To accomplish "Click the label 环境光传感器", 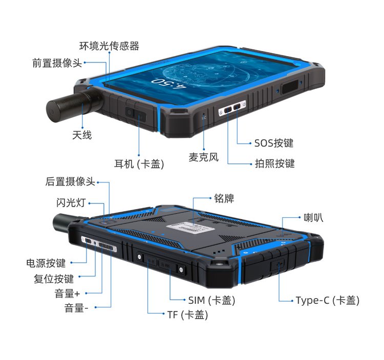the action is pos(109,46).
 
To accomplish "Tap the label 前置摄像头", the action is pos(57,63).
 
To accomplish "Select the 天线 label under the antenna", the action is pos(82,135).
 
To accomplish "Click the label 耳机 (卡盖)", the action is pos(139,164).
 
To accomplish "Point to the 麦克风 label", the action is pos(203,157).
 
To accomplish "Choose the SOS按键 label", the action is pos(274,143).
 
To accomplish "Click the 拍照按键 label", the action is pos(275,163).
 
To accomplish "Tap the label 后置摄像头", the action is pos(70,182).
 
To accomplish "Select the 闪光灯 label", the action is pos(71,202).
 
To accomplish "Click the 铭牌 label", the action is pos(224,198).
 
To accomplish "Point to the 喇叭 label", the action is pos(313,217).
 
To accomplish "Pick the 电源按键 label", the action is pos(46,263).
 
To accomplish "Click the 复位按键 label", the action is pos(54,279).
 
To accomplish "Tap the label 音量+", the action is pos(68,294).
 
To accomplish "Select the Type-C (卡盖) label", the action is pos(328,300).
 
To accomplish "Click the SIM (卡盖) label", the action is pos(211,300).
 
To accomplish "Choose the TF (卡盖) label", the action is pos(187,315).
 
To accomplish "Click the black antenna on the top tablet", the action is pos(73,105).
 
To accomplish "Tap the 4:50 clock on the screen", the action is pos(169,84).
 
